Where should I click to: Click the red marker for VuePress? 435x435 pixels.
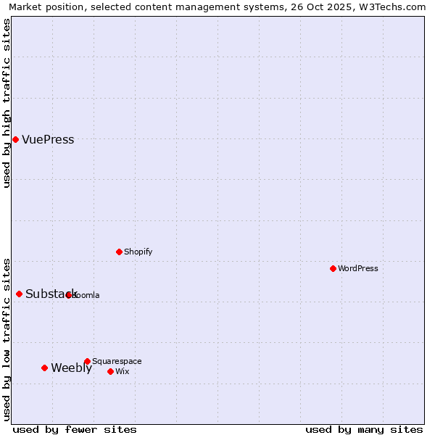point(15,139)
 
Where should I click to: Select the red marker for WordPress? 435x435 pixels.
point(333,268)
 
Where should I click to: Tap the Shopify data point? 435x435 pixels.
point(119,252)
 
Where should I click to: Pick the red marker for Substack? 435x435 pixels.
point(19,294)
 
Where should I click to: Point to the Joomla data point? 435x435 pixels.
point(68,295)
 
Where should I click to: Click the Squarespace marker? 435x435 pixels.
point(87,361)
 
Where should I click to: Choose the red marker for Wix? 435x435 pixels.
point(110,371)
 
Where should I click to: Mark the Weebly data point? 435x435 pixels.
point(44,368)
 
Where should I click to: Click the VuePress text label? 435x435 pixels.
point(48,140)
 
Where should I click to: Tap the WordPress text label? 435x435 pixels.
point(358,268)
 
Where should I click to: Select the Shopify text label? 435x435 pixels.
point(138,252)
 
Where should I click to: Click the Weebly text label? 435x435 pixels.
point(71,368)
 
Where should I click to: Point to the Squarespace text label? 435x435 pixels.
point(117,361)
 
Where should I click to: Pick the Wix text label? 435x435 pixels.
point(122,371)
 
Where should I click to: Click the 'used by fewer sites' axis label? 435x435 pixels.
point(75,429)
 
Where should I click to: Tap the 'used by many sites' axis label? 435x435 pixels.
point(364,429)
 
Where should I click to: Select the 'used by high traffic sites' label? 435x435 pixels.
point(7,103)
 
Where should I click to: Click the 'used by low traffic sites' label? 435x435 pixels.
point(7,339)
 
